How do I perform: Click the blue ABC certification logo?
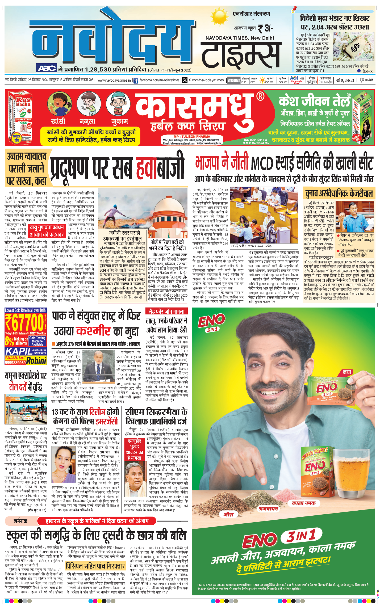coord(47,69)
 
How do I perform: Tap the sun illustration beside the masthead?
coord(219,17)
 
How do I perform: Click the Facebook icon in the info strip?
coord(136,80)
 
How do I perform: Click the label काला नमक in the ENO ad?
coord(304,503)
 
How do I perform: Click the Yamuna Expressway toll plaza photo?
coord(26,409)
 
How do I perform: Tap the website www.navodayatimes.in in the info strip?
coord(114,80)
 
